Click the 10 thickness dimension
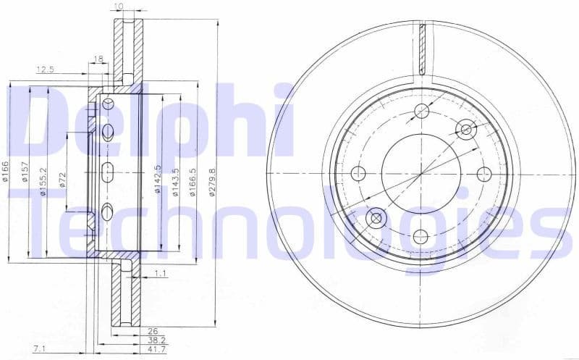pos(119,7)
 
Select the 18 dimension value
pos(98,58)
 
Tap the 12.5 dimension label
pos(46,69)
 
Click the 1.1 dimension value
pos(161,273)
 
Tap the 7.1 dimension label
pos(41,349)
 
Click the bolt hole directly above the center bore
pos(420,111)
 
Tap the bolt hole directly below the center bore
pos(420,235)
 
